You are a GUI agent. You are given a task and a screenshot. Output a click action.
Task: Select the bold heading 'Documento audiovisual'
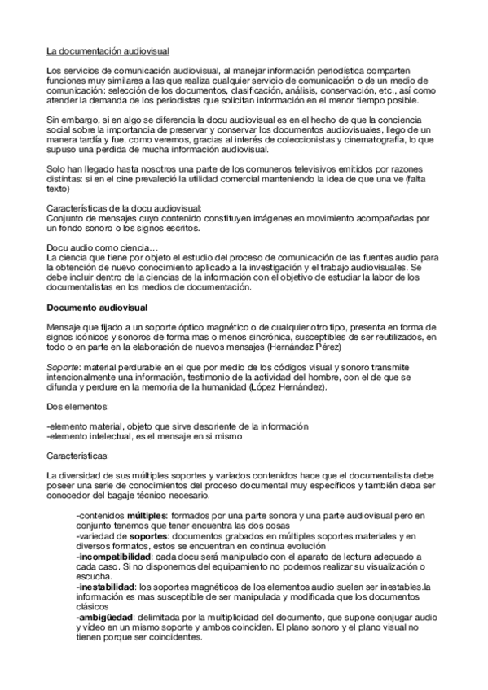[x=96, y=307]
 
